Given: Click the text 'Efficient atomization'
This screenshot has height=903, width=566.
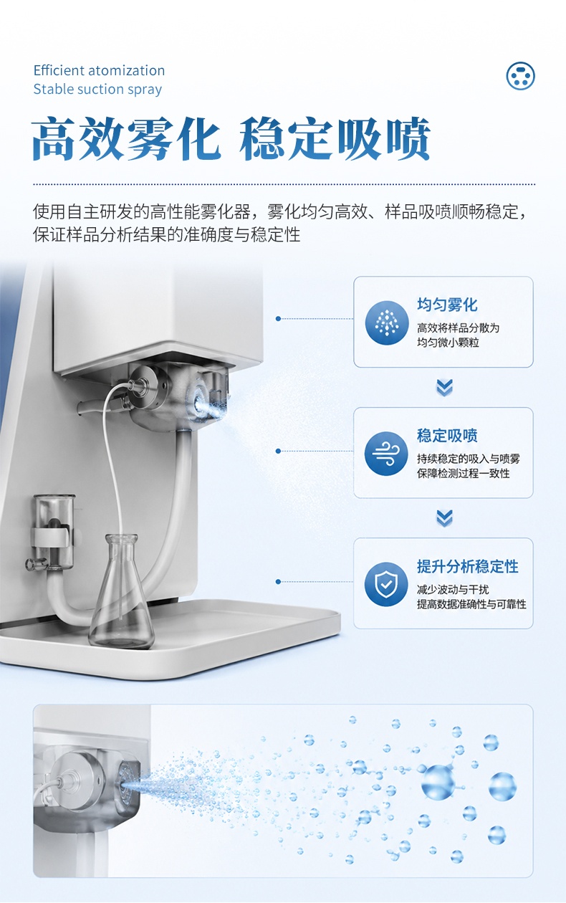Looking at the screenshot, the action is [99, 70].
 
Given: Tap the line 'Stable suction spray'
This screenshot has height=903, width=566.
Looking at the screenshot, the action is [97, 89].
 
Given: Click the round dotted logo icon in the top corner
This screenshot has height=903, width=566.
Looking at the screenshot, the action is [520, 76].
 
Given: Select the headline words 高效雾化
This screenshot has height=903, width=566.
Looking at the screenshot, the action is [126, 138].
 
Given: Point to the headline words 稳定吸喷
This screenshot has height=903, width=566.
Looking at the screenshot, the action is [335, 138].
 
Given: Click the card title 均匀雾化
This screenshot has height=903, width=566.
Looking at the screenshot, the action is [447, 305].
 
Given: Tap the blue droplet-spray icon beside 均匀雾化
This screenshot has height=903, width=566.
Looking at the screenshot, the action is [387, 322].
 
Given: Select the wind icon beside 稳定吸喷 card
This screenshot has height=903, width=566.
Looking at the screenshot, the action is [386, 454].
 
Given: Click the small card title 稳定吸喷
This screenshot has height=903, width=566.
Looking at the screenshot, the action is [447, 436].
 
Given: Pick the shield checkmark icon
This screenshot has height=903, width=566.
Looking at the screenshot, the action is [386, 584].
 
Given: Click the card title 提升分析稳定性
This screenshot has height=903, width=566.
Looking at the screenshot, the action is [468, 566].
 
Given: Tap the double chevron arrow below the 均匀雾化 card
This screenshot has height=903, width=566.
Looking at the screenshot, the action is [444, 388].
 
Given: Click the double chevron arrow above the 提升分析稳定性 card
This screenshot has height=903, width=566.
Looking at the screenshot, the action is [444, 518].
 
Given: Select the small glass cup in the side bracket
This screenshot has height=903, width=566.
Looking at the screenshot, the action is [54, 532].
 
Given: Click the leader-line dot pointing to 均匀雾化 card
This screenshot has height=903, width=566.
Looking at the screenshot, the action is [278, 318].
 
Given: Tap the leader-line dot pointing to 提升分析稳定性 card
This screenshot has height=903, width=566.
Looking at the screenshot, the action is [278, 581].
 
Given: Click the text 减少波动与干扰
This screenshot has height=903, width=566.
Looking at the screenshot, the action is [453, 590].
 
